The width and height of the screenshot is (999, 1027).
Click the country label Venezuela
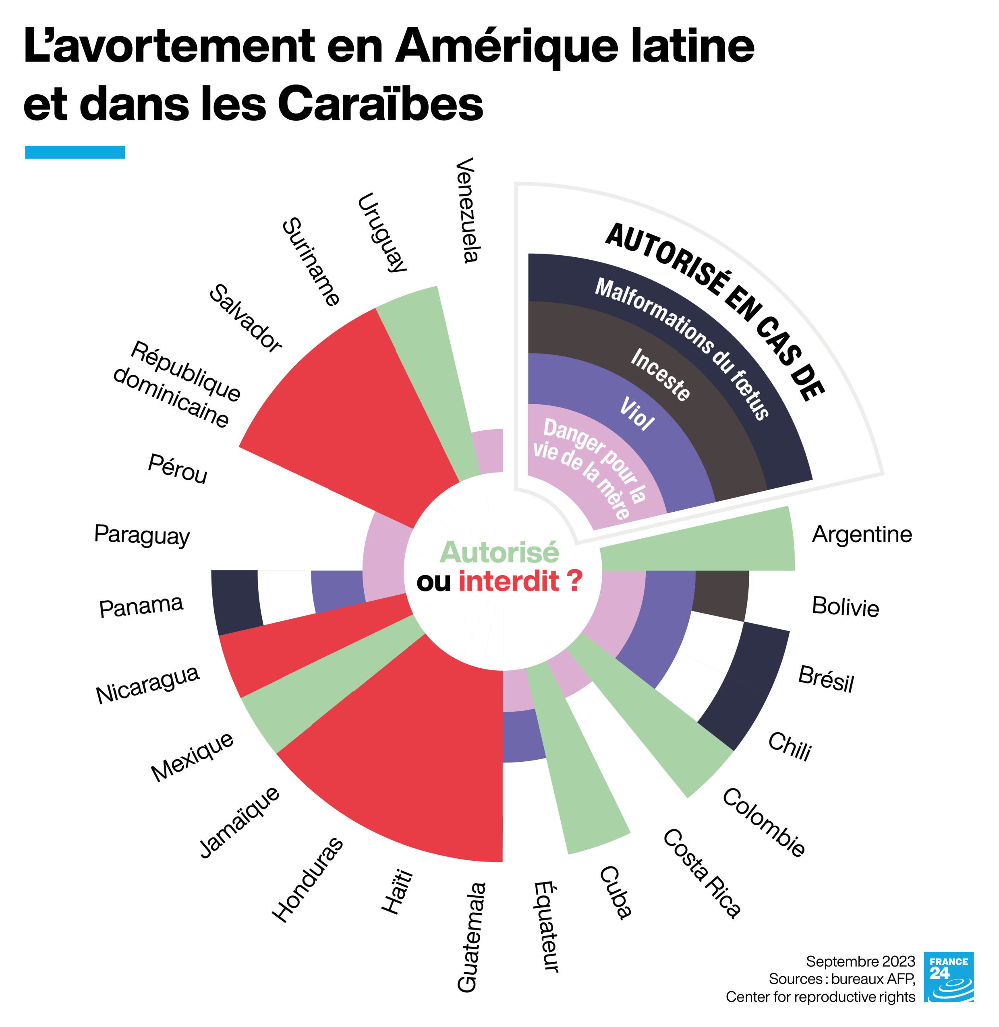tap(466, 210)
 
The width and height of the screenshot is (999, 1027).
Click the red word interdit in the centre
tap(508, 581)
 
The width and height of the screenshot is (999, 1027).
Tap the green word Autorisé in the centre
tap(499, 552)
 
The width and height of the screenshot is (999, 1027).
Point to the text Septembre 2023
tap(860, 961)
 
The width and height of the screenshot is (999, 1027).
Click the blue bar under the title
tap(75, 152)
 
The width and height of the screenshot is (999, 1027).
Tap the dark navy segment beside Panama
tap(236, 602)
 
